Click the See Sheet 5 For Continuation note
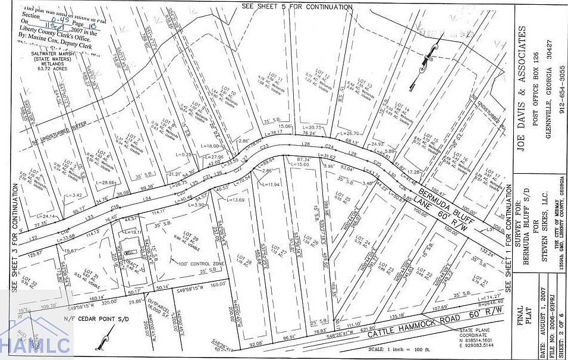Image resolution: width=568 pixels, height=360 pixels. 297,7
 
